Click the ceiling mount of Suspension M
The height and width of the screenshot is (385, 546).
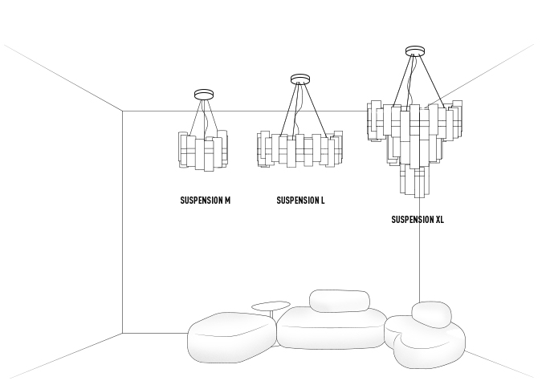(205, 94)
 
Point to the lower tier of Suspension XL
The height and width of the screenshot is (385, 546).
(414, 180)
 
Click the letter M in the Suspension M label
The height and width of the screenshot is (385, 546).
(227, 201)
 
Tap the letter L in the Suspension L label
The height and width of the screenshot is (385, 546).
(322, 201)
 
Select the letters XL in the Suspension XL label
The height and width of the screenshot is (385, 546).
(439, 219)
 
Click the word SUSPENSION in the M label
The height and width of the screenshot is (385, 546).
(201, 201)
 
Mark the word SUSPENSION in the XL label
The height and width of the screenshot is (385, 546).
(412, 219)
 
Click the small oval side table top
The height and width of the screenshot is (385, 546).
(271, 305)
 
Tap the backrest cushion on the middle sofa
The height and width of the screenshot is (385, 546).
(339, 301)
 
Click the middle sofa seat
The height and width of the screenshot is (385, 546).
(331, 329)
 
